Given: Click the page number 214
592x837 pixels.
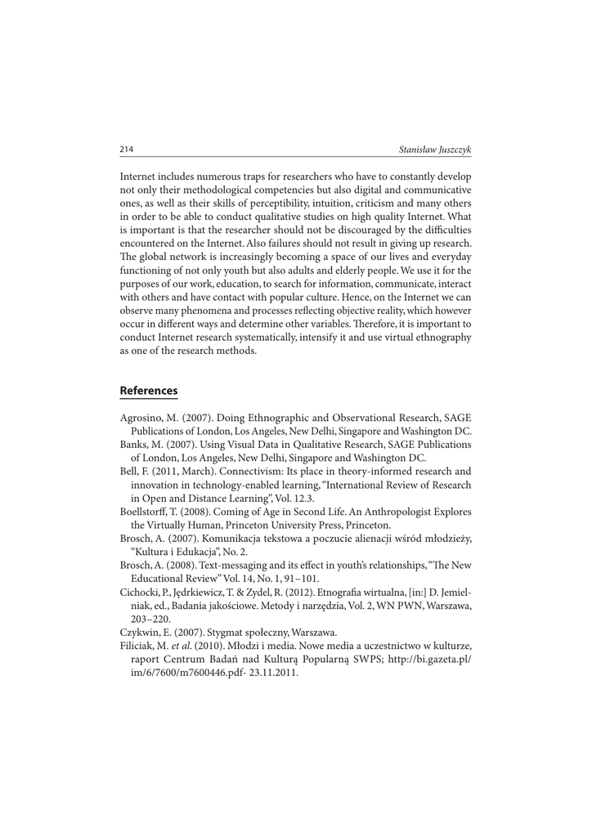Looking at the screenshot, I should click(x=127, y=150).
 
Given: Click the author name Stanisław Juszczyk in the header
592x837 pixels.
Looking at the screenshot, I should click(x=435, y=150).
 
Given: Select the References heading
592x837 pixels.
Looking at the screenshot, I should click(x=149, y=391).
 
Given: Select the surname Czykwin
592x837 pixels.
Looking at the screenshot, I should click(x=140, y=632).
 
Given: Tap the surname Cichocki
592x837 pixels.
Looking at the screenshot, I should click(x=141, y=592).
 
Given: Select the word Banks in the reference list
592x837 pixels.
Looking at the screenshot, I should click(x=135, y=445).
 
